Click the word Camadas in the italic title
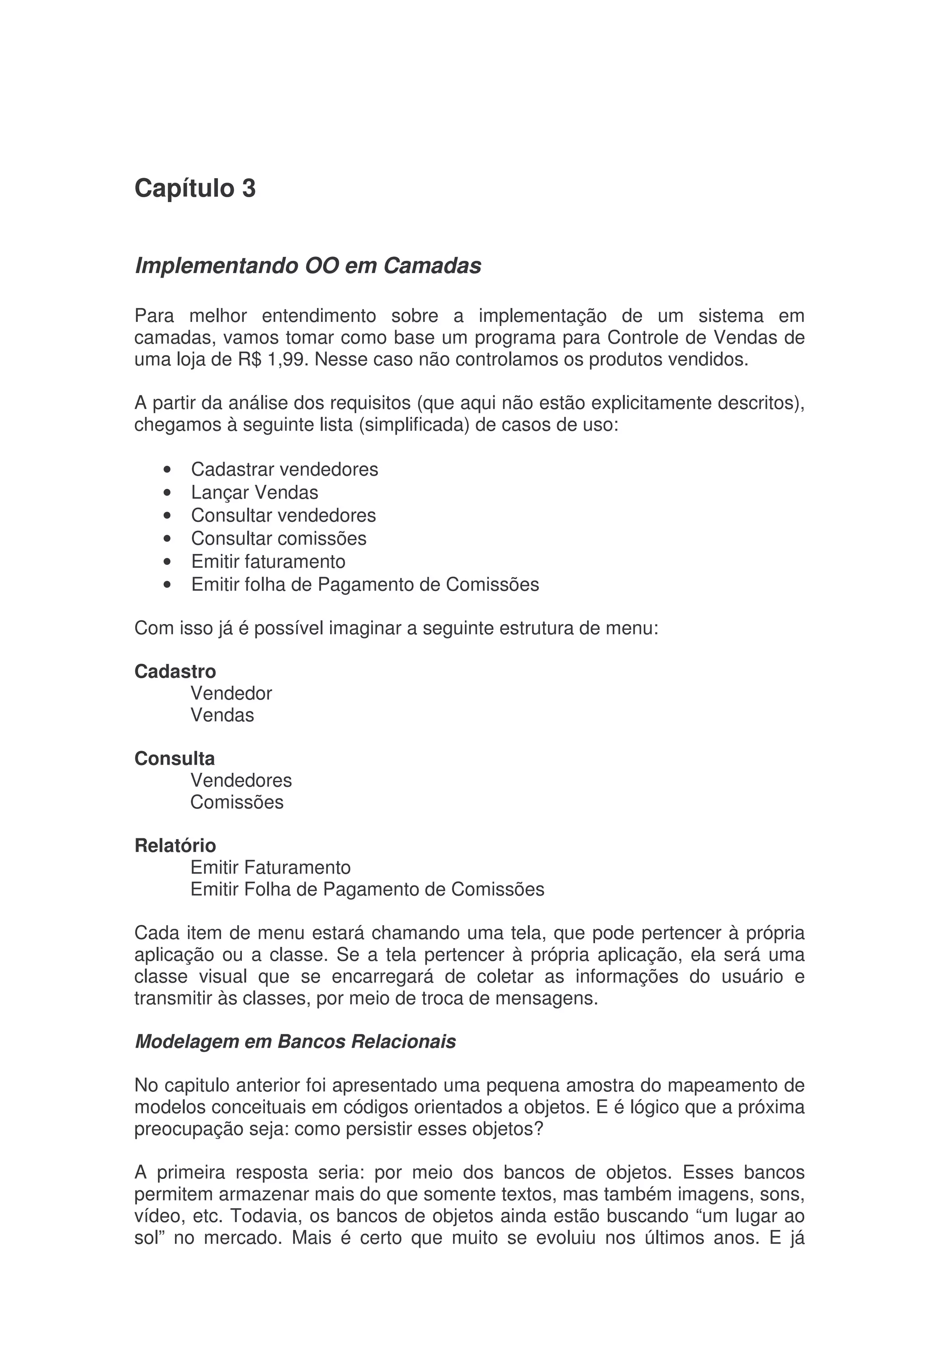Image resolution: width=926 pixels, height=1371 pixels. click(x=432, y=266)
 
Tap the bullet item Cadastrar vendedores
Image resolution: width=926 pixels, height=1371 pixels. click(x=284, y=469)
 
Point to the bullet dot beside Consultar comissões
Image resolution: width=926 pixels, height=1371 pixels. click(x=168, y=539)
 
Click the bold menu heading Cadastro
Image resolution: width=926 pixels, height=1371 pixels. click(x=175, y=671)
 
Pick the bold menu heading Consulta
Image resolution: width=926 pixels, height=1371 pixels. click(x=175, y=759)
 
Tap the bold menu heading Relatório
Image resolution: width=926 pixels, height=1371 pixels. click(x=175, y=846)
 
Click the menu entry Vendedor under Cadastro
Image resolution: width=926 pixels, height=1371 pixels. click(x=231, y=693)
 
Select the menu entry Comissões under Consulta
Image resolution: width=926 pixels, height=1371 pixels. click(x=236, y=802)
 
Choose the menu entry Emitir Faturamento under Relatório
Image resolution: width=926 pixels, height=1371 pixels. click(x=270, y=868)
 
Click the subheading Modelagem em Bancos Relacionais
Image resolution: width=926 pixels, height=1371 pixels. click(x=295, y=1042)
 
